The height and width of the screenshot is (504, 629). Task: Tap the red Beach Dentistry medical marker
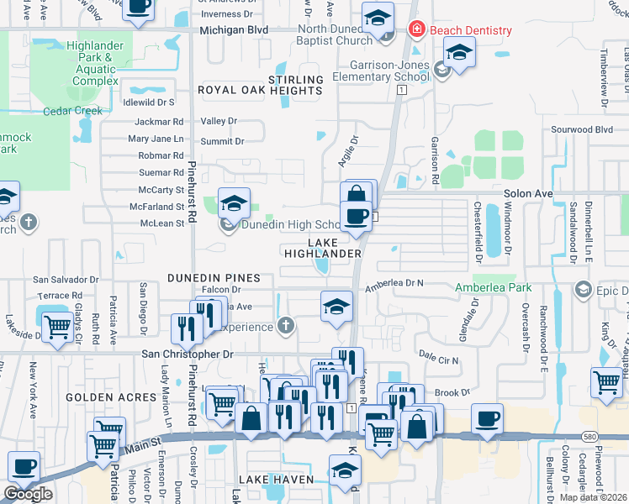(x=415, y=30)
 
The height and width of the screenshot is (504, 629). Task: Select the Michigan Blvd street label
(x=234, y=29)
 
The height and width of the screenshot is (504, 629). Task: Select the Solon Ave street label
(x=528, y=193)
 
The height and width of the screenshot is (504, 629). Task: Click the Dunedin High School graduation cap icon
(x=234, y=202)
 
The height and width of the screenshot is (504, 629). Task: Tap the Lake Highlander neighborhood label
(x=323, y=247)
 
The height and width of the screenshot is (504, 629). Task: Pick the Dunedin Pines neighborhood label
(x=214, y=277)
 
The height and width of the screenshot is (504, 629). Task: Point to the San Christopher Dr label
(x=187, y=354)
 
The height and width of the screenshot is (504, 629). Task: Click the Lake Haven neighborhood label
(x=276, y=480)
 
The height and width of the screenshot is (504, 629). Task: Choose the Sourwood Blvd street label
(x=581, y=130)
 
